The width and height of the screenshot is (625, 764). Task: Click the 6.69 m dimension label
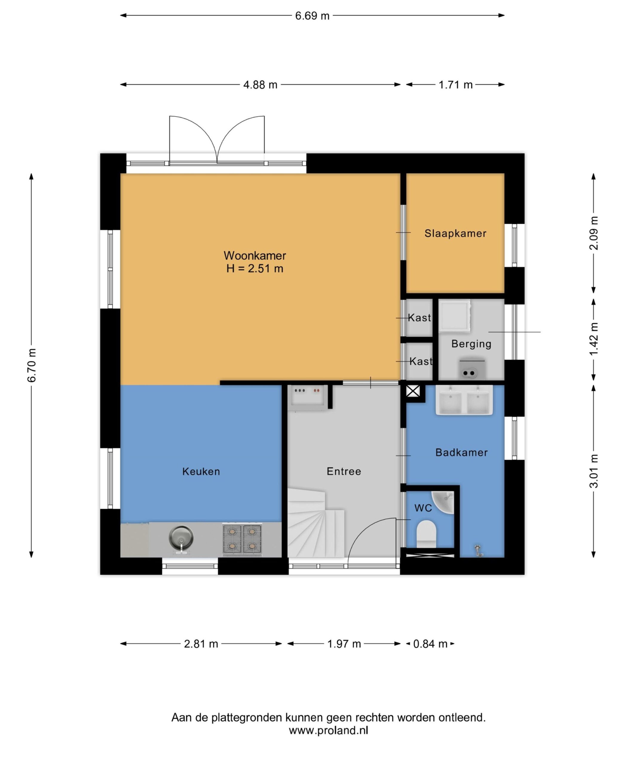click(x=312, y=16)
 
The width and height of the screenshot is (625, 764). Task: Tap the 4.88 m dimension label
click(x=260, y=85)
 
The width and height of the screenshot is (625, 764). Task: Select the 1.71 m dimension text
click(x=455, y=85)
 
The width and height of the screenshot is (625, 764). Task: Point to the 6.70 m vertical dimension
click(x=32, y=366)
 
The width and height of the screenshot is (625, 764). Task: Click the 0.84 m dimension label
click(x=430, y=644)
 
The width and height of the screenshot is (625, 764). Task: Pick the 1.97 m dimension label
click(x=344, y=644)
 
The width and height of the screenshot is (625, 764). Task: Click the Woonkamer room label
click(x=255, y=256)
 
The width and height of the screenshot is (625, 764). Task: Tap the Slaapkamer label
click(x=455, y=233)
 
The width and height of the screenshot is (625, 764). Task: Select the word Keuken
click(x=201, y=472)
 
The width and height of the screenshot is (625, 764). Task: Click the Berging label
click(x=471, y=344)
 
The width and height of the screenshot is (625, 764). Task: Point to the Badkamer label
click(x=461, y=452)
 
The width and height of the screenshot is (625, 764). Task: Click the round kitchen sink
click(x=181, y=538)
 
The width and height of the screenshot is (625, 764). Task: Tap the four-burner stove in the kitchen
click(x=242, y=538)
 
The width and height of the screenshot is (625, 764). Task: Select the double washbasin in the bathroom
click(x=464, y=400)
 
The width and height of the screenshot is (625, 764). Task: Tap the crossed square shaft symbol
click(x=413, y=391)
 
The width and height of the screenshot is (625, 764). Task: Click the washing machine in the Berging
click(x=454, y=315)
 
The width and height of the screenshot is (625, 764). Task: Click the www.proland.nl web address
click(x=328, y=731)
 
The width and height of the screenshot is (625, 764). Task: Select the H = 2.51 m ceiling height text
click(x=255, y=269)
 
